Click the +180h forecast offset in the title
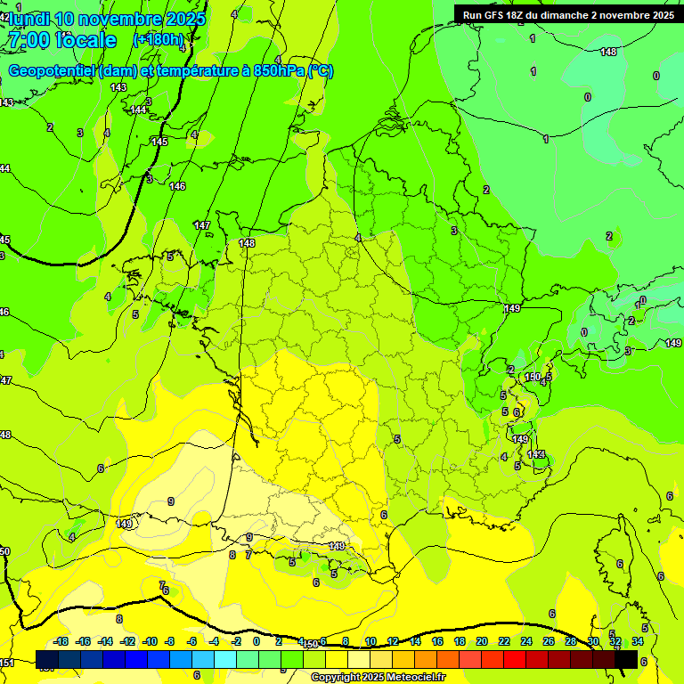pyautogui.click(x=159, y=39)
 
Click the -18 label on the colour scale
pyautogui.click(x=61, y=641)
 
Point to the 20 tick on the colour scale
pyautogui.click(x=481, y=641)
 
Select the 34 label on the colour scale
pyautogui.click(x=638, y=641)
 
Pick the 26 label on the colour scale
pyautogui.click(x=549, y=641)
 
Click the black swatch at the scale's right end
pyautogui.click(x=627, y=659)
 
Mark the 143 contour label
pyautogui.click(x=118, y=87)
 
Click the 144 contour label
pyautogui.click(x=138, y=110)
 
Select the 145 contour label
pyautogui.click(x=159, y=142)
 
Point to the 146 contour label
pyautogui.click(x=177, y=186)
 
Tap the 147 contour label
pyautogui.click(x=202, y=225)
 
